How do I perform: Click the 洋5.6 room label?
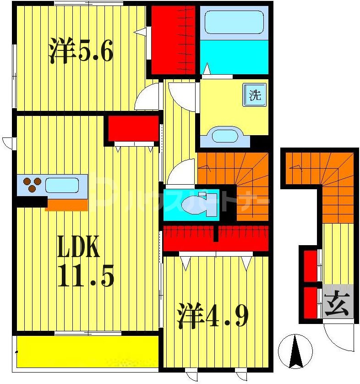[x=81, y=51]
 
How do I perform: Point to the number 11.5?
[x=86, y=275]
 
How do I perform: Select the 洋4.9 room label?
[x=213, y=316]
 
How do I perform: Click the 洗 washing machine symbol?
[x=255, y=95]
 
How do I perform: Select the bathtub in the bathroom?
[x=234, y=22]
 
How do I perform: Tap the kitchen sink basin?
[x=61, y=186]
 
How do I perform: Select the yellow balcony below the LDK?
[x=87, y=351]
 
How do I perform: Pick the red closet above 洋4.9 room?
[x=216, y=238]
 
